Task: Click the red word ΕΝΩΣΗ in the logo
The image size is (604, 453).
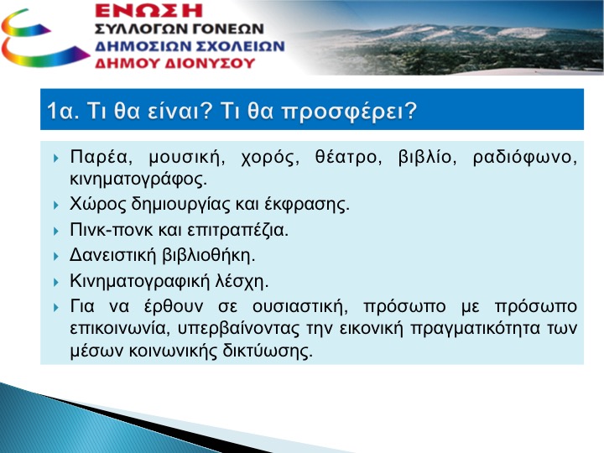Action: (148, 10)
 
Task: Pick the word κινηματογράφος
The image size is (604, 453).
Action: (138, 180)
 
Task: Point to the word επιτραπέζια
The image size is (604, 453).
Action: (237, 231)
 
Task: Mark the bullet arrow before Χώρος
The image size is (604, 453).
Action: (56, 206)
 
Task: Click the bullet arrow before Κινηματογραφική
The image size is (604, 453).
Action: (56, 283)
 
